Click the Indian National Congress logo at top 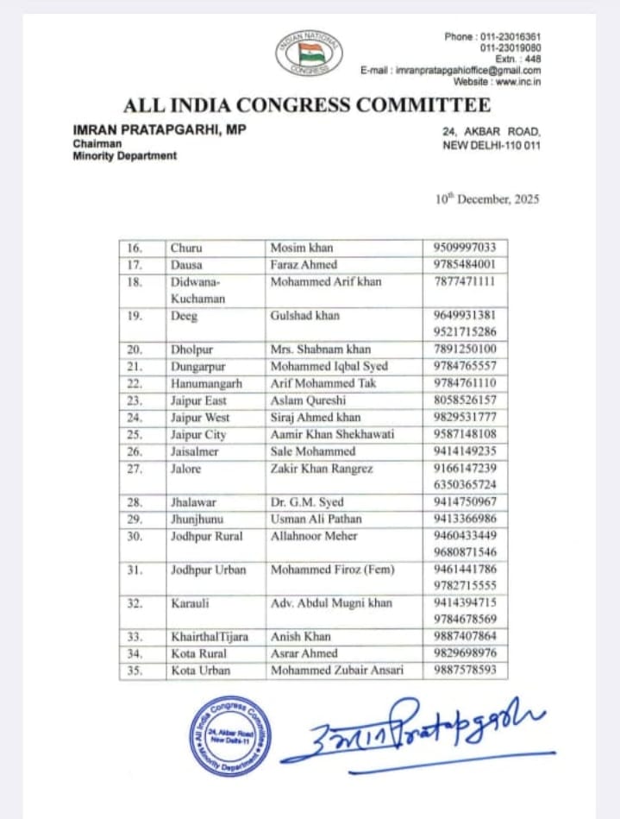[309, 54]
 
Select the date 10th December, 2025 [487, 198]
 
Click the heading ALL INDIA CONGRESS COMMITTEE [307, 106]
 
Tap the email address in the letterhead [467, 70]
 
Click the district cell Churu [186, 249]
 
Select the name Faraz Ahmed [304, 265]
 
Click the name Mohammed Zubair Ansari [337, 671]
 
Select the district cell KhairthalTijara [210, 637]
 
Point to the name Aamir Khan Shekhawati [329, 434]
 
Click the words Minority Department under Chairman [125, 155]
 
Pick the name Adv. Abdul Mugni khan [331, 603]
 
